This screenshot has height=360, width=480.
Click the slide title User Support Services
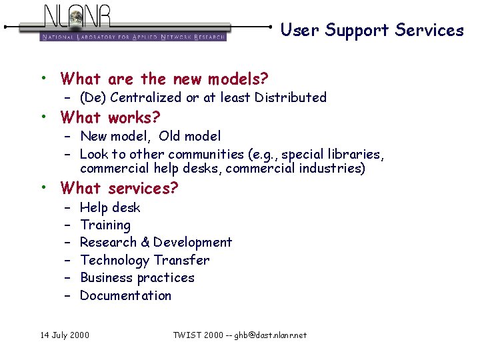(x=371, y=30)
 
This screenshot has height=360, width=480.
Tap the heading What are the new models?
(x=164, y=79)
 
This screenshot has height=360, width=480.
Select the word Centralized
(x=146, y=97)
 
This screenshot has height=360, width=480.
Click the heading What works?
(x=110, y=118)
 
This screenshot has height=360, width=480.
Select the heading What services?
(x=119, y=189)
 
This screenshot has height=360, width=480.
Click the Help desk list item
(x=110, y=207)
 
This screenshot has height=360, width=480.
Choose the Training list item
(x=105, y=225)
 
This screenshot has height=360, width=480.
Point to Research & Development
(x=156, y=243)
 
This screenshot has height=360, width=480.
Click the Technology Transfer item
(x=145, y=260)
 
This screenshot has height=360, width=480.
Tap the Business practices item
(x=137, y=278)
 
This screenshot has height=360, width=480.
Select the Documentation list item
(x=125, y=295)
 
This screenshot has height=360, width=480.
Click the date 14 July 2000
(x=64, y=335)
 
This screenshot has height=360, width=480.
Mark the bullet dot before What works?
(x=44, y=117)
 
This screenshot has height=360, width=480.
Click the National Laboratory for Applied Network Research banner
(x=133, y=37)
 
